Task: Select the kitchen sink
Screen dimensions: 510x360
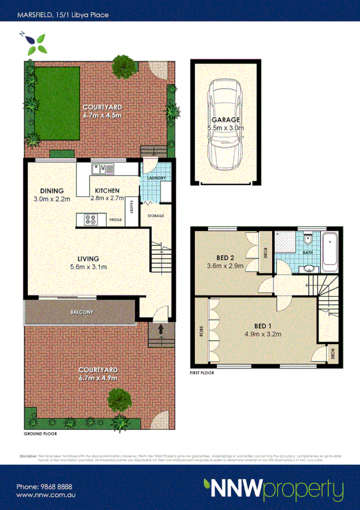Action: [x=100, y=170]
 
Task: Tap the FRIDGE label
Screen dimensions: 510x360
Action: [x=116, y=220]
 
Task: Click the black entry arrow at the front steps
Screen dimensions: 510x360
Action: [x=160, y=330]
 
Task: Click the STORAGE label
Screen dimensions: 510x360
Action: [x=156, y=215]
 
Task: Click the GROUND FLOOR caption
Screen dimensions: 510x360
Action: [x=40, y=434]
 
